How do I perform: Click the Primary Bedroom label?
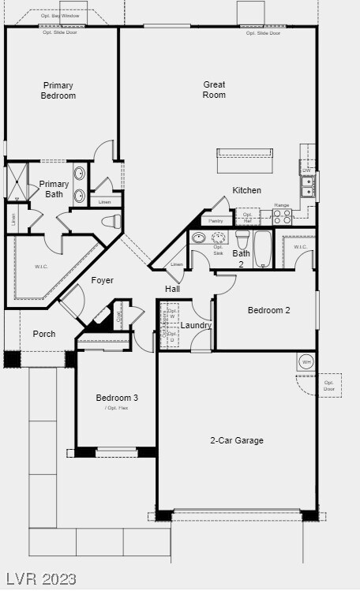[58, 91]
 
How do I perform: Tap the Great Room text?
[214, 90]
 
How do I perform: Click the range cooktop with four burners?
[282, 217]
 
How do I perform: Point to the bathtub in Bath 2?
[264, 249]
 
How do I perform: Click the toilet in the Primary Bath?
[111, 222]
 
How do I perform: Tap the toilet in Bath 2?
[242, 238]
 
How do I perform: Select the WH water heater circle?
[306, 362]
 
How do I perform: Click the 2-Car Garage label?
[237, 440]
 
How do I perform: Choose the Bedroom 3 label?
[117, 398]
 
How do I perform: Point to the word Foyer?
[102, 280]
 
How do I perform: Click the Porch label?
[44, 334]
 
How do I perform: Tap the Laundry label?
[196, 325]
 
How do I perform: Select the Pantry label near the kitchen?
[216, 222]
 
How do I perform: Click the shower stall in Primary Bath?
[17, 181]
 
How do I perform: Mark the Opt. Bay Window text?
[60, 15]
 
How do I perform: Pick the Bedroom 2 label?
[268, 310]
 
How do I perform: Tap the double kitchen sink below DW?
[306, 186]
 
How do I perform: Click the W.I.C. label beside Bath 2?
[300, 247]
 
